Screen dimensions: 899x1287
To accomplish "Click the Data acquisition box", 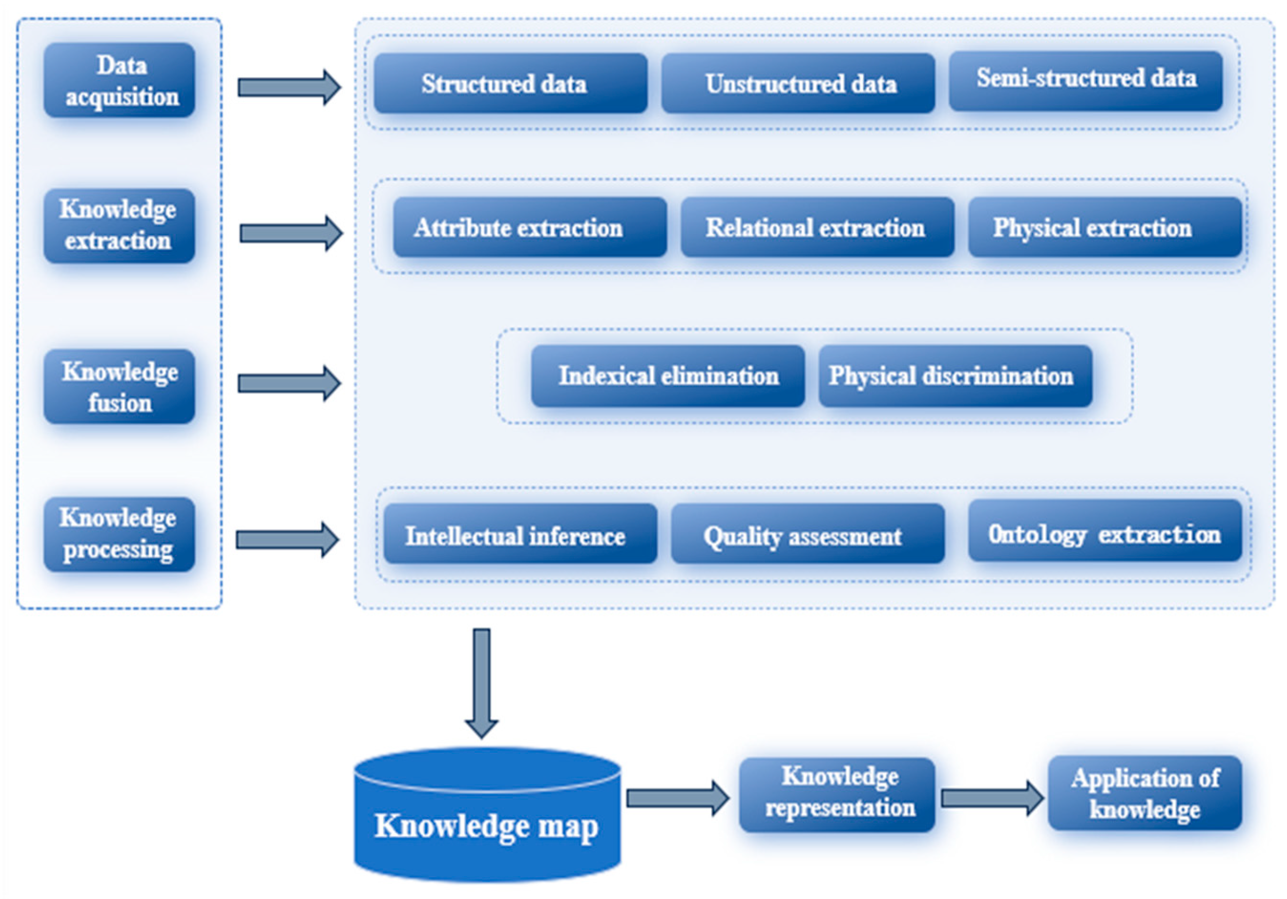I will (119, 81).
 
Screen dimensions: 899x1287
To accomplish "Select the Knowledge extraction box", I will (119, 225).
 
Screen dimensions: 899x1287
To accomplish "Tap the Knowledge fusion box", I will (119, 387).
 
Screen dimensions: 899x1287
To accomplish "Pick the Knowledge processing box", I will (119, 534).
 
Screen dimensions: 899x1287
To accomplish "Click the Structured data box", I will (511, 84).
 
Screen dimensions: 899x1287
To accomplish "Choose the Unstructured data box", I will (798, 84).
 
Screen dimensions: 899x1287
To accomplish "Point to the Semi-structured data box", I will (1086, 81).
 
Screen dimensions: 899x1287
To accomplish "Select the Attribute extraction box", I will (530, 227).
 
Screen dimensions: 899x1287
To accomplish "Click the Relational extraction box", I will (817, 227).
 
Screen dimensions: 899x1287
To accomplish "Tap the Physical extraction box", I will (1105, 227).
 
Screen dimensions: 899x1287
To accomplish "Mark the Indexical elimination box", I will (668, 376).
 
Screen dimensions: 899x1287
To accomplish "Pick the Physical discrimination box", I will (955, 376).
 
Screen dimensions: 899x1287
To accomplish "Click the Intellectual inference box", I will (520, 533).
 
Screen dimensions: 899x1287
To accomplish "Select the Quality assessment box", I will (808, 533).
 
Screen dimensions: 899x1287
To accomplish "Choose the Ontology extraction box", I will (1105, 531).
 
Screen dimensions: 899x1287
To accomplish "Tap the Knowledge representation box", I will (837, 794).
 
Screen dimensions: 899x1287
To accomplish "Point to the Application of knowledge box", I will (1145, 793).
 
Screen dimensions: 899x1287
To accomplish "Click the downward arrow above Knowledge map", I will (482, 681).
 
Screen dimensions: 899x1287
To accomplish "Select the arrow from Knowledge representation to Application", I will (991, 798).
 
